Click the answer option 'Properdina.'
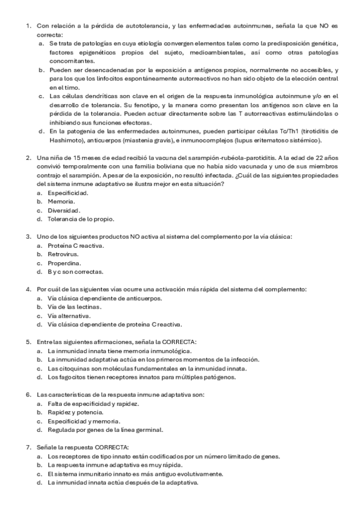click(x=63, y=263)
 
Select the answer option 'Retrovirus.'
click(x=62, y=254)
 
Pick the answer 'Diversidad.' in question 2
click(x=64, y=210)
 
